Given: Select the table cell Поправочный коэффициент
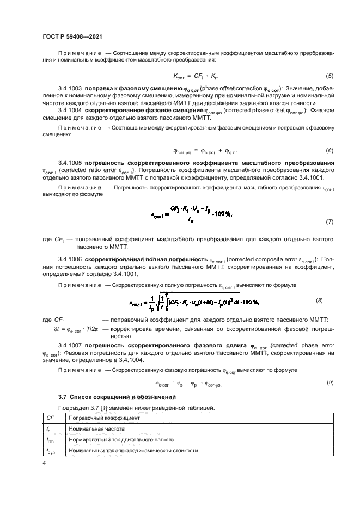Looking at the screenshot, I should [x=104, y=418].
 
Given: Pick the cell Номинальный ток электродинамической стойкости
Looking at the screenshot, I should [x=132, y=450].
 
